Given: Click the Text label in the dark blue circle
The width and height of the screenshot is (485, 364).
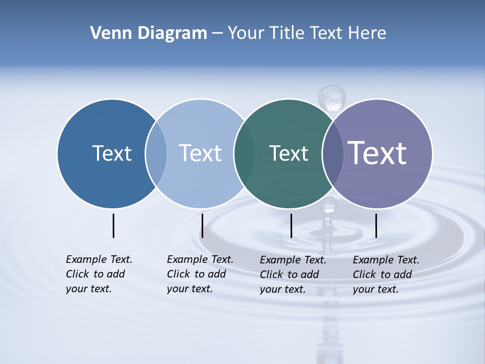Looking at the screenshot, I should click(x=112, y=153).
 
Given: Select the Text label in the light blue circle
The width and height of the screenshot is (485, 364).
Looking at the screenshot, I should click(x=200, y=153).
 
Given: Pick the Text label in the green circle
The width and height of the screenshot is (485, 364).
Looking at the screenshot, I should click(x=288, y=153).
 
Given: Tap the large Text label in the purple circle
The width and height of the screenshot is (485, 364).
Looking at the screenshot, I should click(x=377, y=153).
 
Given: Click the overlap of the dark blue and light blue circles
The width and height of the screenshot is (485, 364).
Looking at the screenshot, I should click(x=156, y=153).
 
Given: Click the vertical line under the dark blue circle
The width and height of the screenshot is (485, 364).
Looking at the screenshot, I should click(x=113, y=225).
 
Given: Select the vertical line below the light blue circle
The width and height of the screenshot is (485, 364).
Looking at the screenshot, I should click(x=202, y=225).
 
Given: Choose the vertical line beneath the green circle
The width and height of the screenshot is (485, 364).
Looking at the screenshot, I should click(x=291, y=225).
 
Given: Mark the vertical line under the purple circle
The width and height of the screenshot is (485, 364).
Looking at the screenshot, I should click(x=376, y=225).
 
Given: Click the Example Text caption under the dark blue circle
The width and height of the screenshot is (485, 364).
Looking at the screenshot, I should click(x=99, y=274).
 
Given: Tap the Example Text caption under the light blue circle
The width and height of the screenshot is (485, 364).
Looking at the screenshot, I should click(x=200, y=274).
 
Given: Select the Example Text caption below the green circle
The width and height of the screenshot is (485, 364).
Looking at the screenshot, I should click(x=293, y=275).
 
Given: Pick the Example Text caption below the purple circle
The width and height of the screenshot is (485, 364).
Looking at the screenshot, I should click(x=385, y=275).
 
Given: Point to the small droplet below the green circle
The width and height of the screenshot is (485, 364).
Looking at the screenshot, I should click(x=329, y=205).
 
